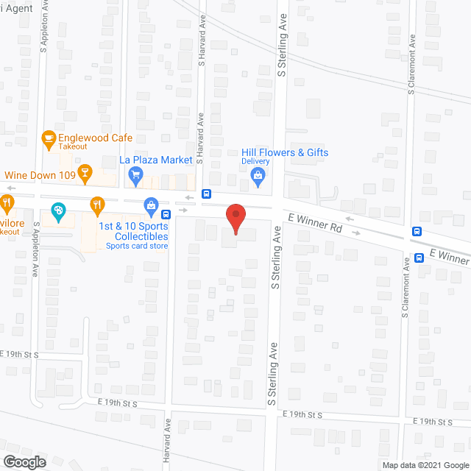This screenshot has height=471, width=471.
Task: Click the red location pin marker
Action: click(x=235, y=218)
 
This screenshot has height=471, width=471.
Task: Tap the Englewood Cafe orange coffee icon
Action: click(x=49, y=138)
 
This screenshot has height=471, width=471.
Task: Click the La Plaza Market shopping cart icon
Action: click(x=135, y=175)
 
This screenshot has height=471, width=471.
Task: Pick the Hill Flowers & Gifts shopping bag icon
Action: click(x=258, y=174)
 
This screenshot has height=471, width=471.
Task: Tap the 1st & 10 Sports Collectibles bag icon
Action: click(x=151, y=205)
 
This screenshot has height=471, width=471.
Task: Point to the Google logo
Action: click(x=24, y=461)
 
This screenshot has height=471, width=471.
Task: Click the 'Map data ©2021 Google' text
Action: click(x=425, y=464)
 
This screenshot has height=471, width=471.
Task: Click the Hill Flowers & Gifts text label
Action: click(x=285, y=152)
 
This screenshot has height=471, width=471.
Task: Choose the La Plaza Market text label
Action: click(x=156, y=160)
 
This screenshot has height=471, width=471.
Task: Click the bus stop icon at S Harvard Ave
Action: click(x=207, y=195)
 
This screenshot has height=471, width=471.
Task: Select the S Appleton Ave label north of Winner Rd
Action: click(x=44, y=29)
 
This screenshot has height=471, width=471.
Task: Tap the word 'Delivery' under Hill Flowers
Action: click(x=256, y=161)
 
